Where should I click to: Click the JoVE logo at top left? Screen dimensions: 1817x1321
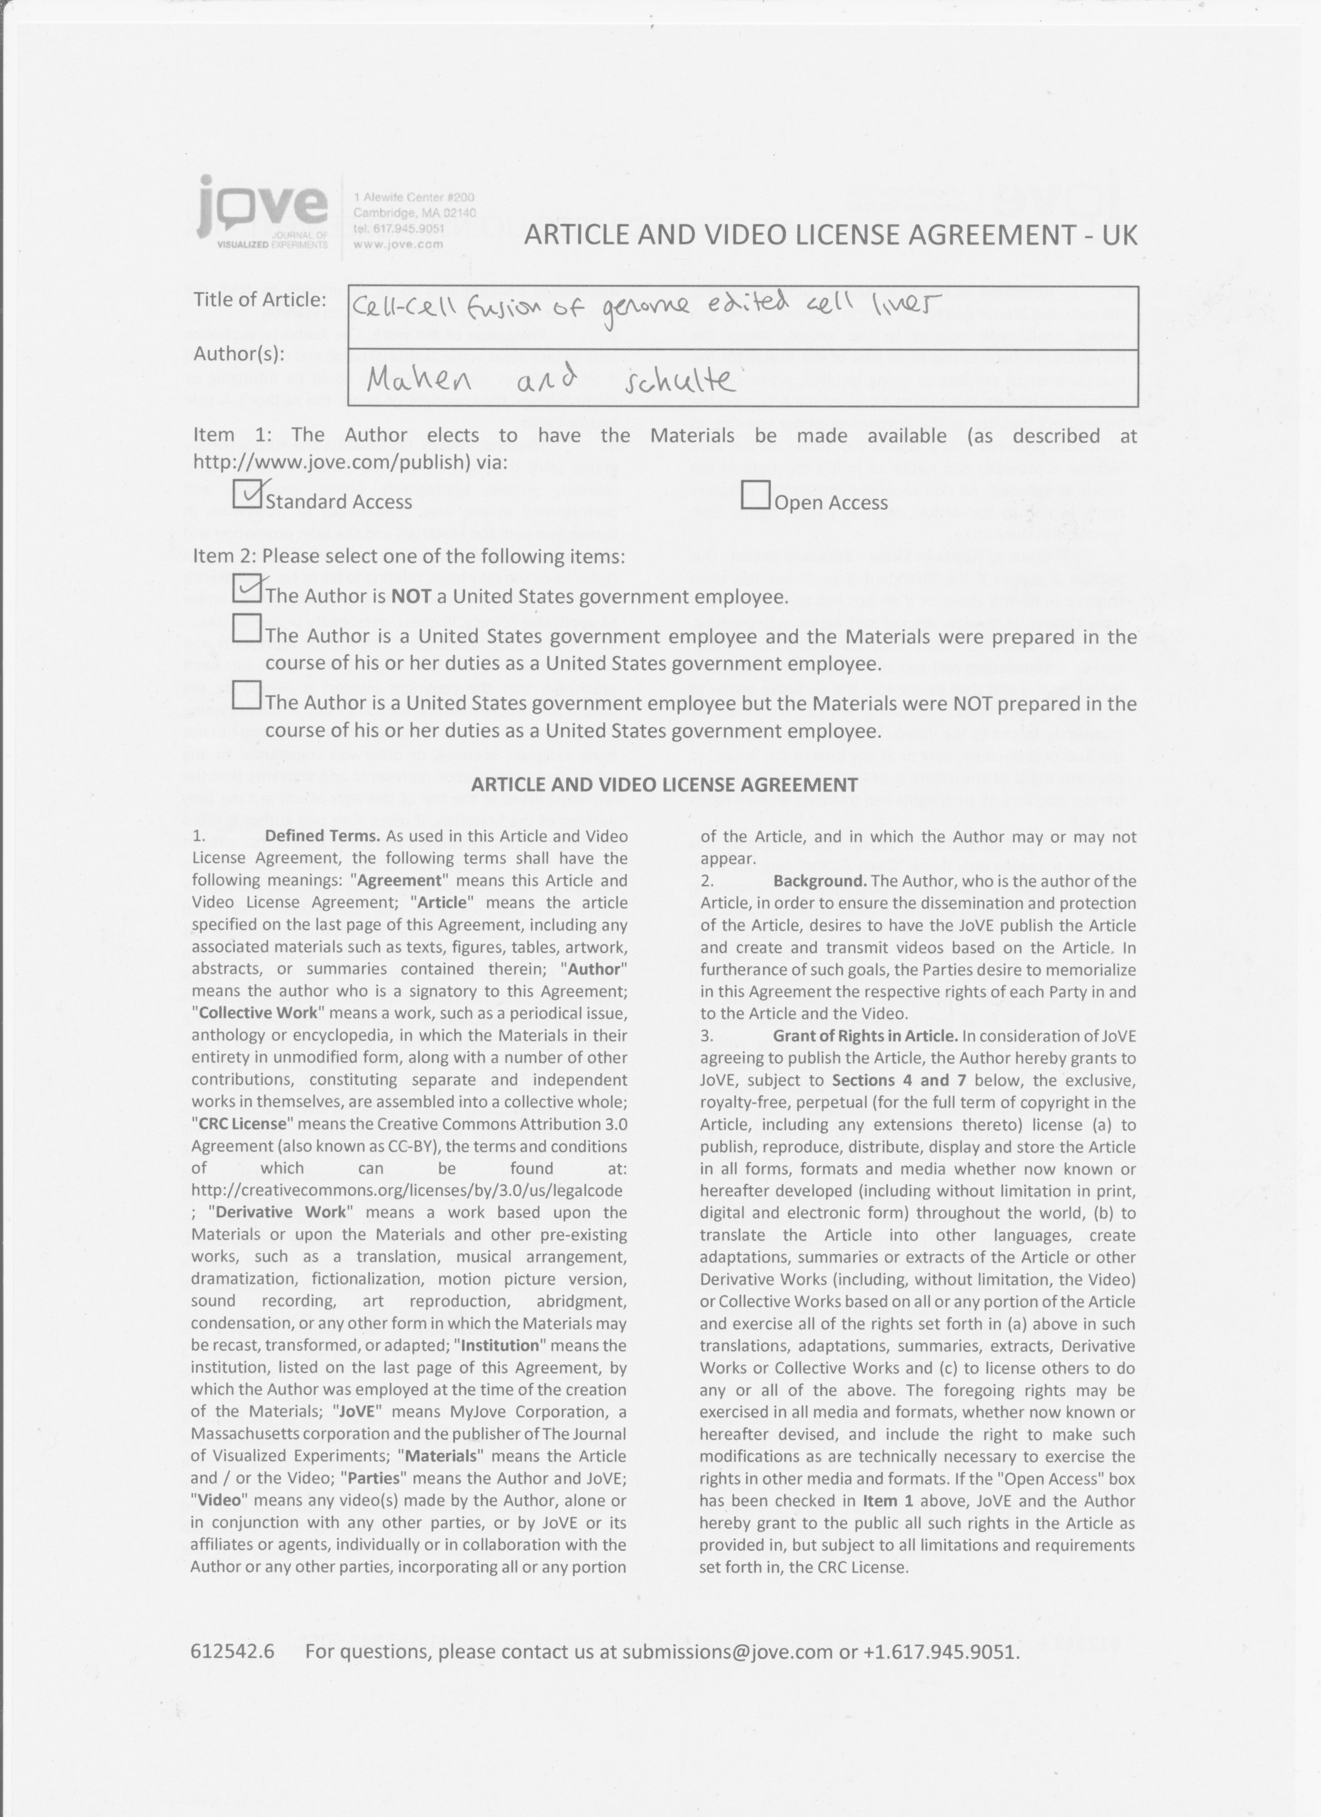pos(262,211)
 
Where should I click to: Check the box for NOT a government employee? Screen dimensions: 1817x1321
pos(247,589)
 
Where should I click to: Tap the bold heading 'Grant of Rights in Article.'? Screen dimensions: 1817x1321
pos(865,1036)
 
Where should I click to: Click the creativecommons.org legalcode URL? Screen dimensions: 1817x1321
pos(407,1190)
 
